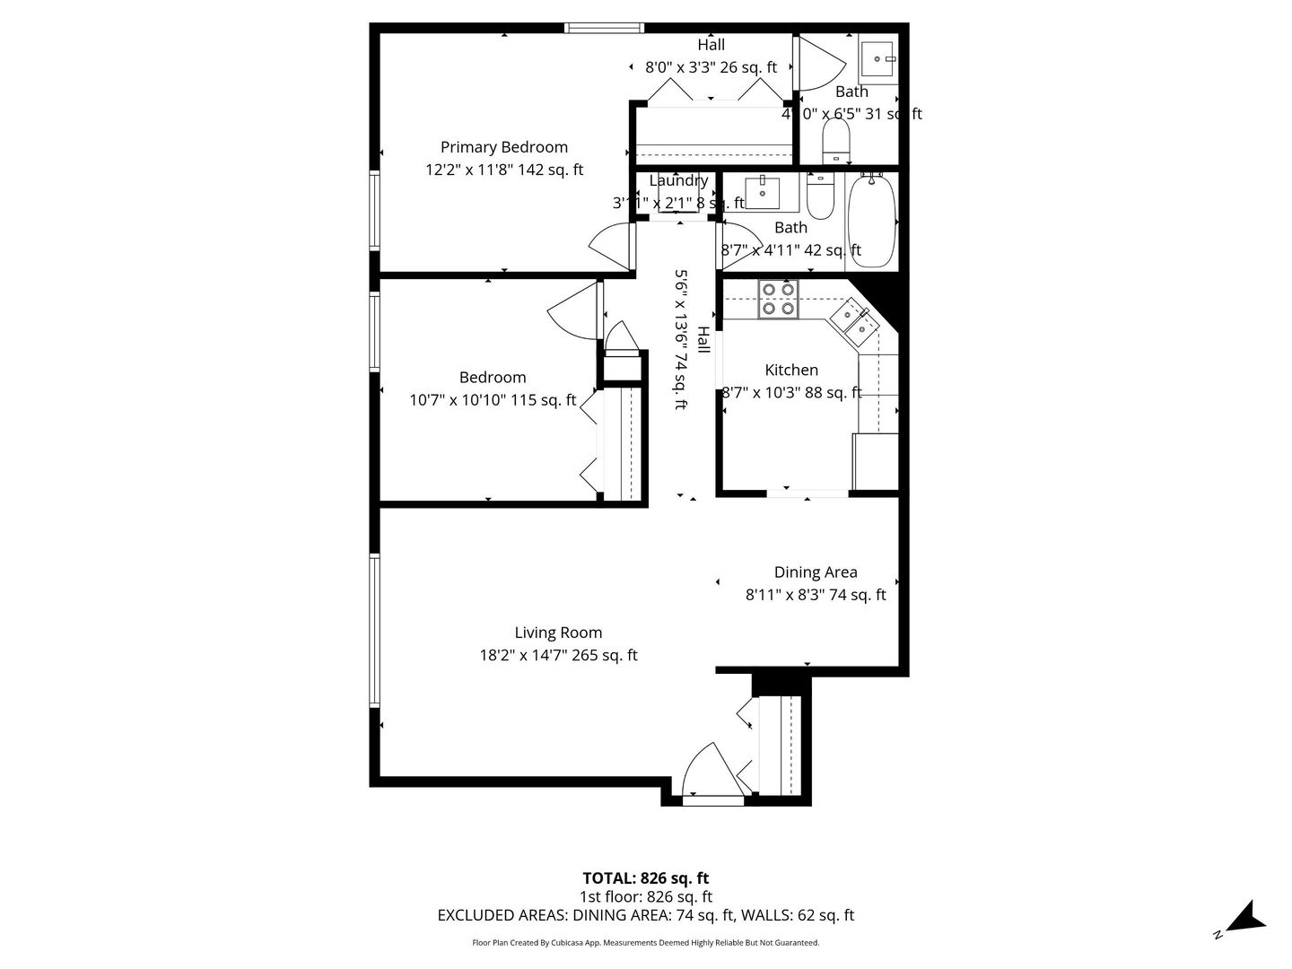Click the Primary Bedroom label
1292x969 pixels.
click(503, 147)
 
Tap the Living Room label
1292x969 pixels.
click(558, 633)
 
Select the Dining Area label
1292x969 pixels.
click(816, 572)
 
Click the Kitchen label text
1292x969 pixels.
click(791, 370)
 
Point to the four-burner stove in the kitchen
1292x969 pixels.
click(778, 299)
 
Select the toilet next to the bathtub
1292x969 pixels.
click(820, 196)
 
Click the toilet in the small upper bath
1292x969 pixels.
click(836, 143)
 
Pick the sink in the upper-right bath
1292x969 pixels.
click(877, 59)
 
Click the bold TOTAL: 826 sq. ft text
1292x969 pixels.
click(645, 877)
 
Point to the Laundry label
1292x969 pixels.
click(678, 180)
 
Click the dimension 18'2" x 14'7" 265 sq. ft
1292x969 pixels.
click(558, 655)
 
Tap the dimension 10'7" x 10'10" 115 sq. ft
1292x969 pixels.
click(493, 400)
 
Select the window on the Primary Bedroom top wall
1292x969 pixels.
click(604, 28)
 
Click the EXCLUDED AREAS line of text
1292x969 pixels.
click(645, 915)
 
